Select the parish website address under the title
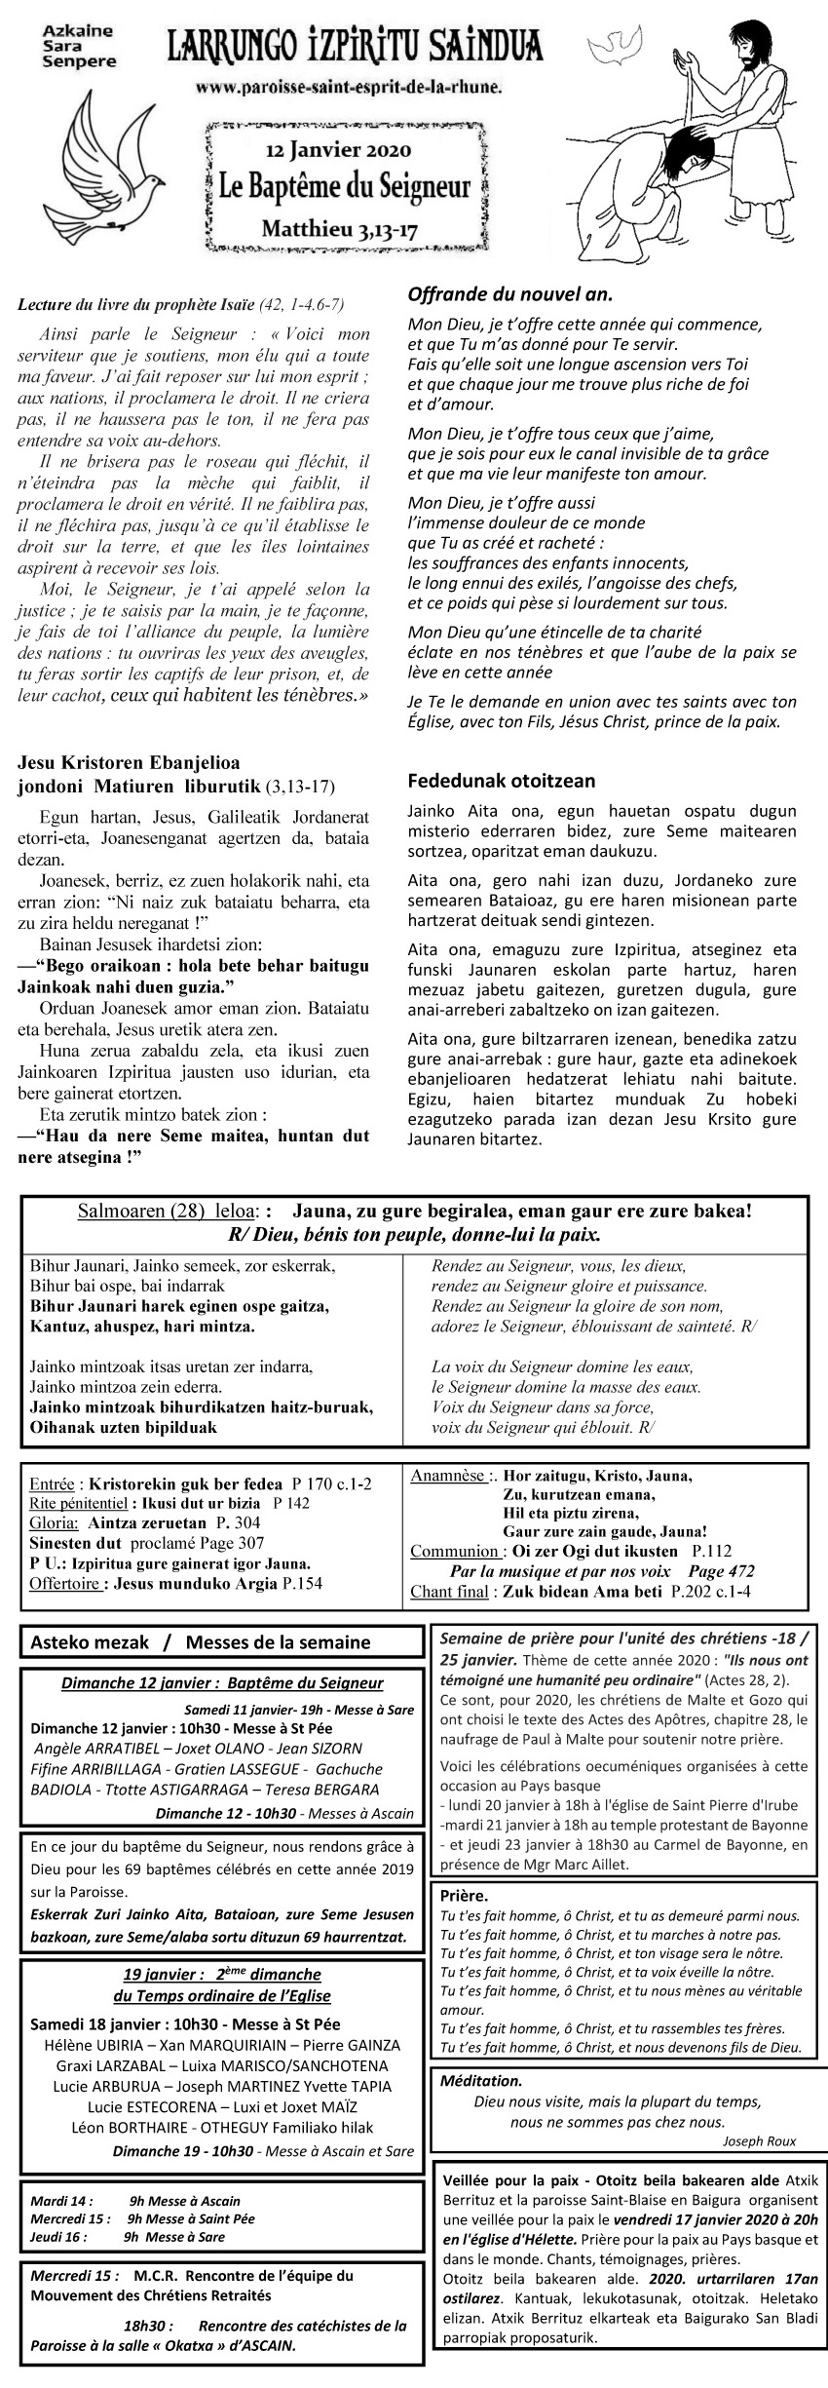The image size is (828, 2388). point(349,88)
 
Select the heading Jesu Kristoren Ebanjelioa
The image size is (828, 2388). point(129,761)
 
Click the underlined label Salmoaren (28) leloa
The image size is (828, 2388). point(168,1212)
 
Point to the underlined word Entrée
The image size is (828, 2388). point(51,1483)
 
